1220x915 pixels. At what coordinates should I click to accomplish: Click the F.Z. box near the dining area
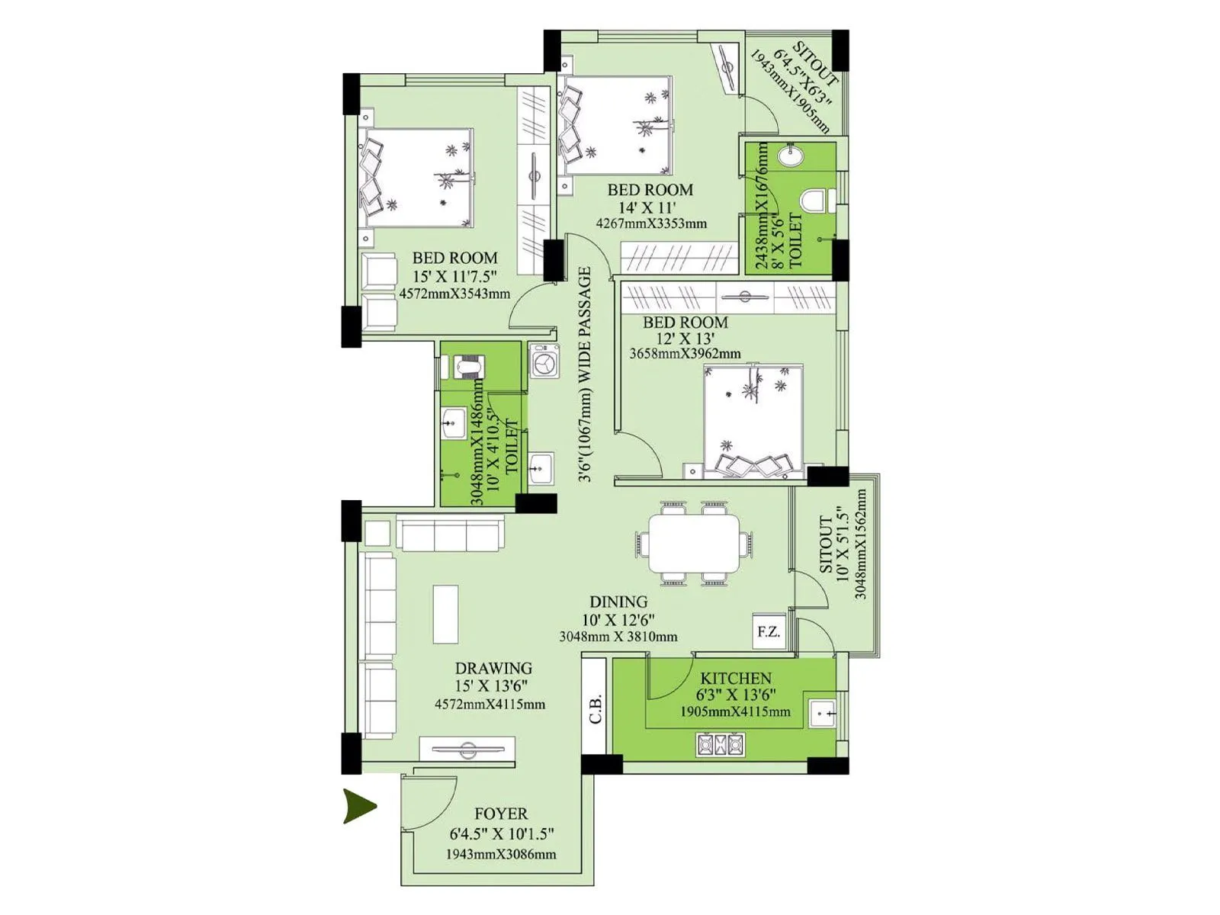769,631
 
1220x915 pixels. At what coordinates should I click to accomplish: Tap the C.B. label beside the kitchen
596,708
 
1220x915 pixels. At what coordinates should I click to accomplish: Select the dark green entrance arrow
359,806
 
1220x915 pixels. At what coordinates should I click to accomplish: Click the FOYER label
500,814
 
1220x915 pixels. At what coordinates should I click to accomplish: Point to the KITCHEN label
736,678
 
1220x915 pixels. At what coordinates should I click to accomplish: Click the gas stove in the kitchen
720,744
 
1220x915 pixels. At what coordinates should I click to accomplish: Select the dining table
694,543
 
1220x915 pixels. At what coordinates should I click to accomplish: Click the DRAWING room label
493,669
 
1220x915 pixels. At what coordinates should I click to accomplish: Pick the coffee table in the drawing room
446,615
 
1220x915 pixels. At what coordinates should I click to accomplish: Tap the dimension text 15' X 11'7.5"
454,276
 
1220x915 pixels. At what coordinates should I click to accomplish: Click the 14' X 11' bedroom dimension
647,207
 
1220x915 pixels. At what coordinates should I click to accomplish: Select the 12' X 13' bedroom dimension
685,339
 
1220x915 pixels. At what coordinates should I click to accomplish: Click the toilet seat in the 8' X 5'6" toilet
816,201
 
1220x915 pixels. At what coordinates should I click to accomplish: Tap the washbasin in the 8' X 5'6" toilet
790,156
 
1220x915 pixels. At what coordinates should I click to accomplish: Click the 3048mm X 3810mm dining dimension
618,637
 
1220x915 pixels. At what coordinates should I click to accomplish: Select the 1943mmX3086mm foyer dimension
501,855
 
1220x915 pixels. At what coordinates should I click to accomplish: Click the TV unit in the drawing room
467,749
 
